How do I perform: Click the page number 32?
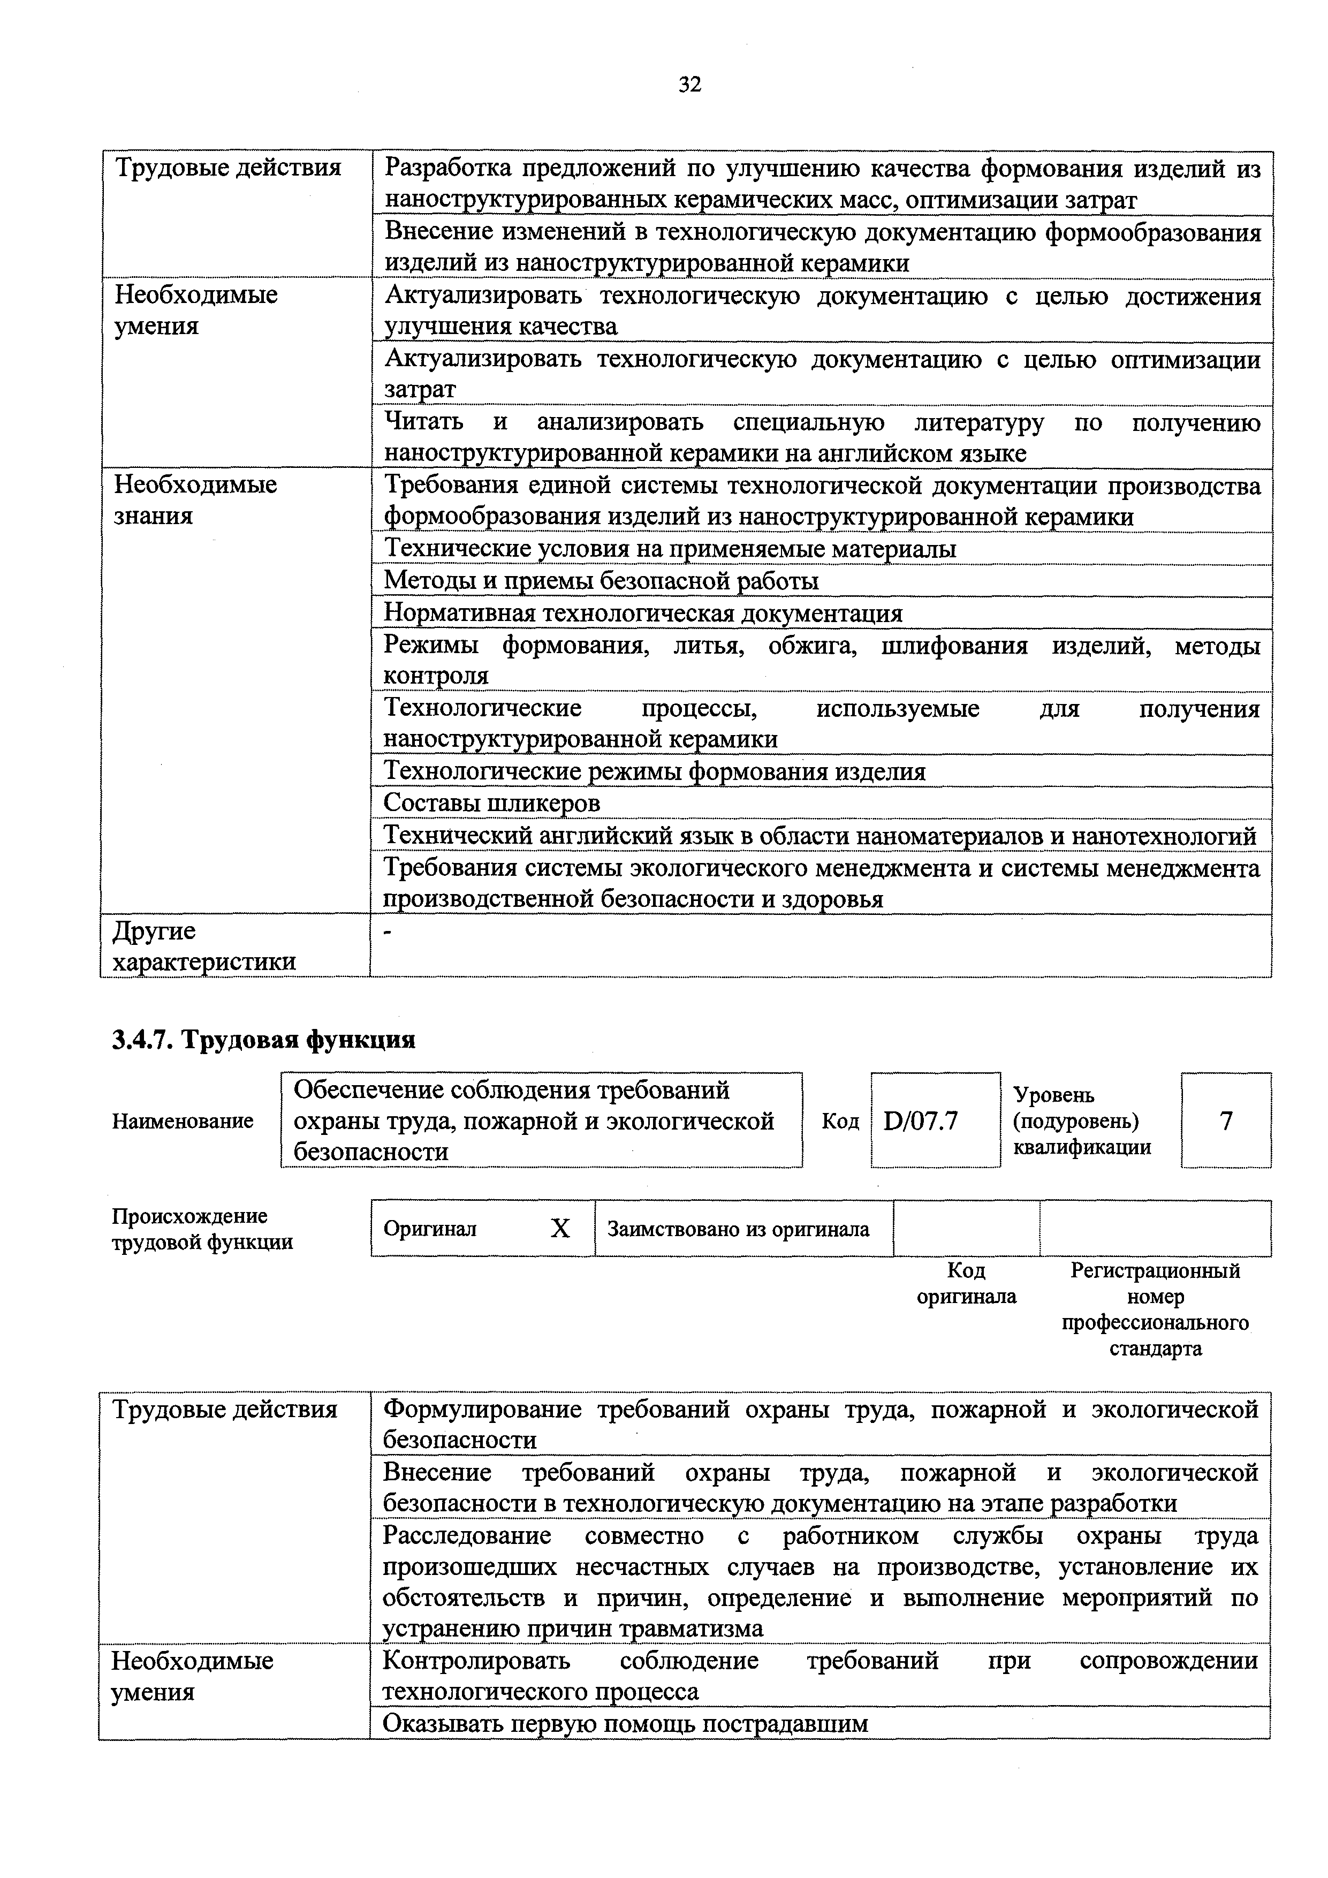(x=689, y=84)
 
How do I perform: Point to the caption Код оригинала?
(x=967, y=1283)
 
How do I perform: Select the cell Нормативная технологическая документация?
(x=643, y=612)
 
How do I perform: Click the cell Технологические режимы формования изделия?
(x=654, y=771)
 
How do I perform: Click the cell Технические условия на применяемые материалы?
(x=670, y=548)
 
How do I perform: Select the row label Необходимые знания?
(x=195, y=500)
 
